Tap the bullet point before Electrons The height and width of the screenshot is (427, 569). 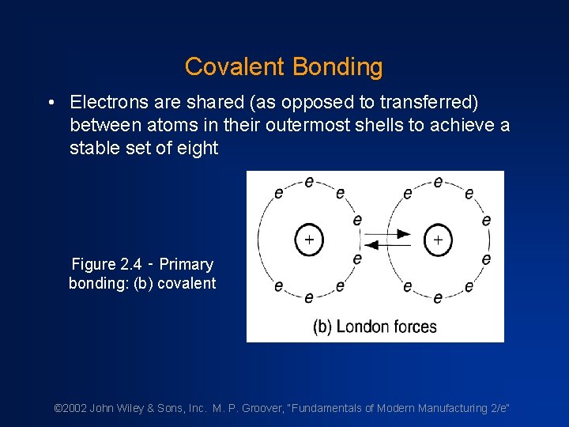pos(50,103)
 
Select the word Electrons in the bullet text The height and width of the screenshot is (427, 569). pos(109,102)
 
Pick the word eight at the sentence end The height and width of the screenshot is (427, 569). pos(195,148)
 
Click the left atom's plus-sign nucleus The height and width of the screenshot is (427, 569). pos(308,239)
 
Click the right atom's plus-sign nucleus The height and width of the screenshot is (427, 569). pos(438,239)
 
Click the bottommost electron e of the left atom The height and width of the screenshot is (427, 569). pos(309,297)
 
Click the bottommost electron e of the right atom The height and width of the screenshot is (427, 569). pos(438,297)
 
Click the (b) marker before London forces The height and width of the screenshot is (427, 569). pos(322,327)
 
